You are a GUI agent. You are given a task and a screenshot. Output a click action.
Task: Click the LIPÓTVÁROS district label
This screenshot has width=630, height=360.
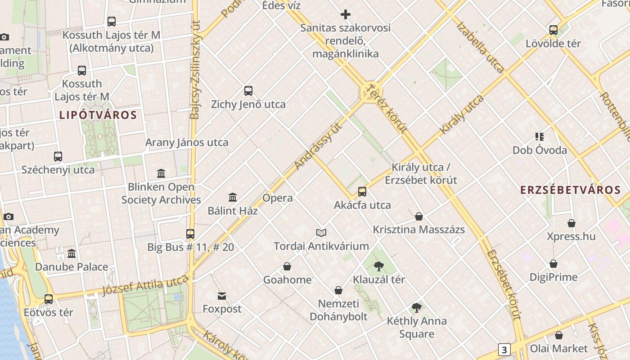click(x=98, y=115)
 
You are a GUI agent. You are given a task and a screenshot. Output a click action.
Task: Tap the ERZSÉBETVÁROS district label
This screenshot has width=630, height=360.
click(x=571, y=190)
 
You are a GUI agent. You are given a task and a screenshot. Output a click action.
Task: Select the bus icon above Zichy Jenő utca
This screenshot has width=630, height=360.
click(x=248, y=91)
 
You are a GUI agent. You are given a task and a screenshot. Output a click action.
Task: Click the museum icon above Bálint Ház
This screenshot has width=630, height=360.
click(x=233, y=197)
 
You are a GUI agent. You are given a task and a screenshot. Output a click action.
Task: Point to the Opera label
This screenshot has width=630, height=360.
click(x=277, y=198)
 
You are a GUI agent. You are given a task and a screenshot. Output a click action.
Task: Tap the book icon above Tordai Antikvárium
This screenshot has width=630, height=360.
click(x=321, y=233)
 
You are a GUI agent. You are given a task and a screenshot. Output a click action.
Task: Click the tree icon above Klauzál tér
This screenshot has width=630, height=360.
click(x=379, y=266)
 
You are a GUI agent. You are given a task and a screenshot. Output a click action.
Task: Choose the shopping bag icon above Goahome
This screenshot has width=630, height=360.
click(x=287, y=266)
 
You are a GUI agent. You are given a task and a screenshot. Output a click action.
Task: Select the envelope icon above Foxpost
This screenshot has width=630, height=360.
click(x=222, y=296)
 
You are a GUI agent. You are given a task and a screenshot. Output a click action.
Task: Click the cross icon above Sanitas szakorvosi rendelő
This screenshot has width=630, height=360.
click(x=345, y=14)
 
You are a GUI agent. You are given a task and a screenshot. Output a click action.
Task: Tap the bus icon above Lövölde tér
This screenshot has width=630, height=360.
click(x=553, y=30)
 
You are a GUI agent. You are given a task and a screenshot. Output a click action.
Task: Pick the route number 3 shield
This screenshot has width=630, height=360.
click(x=504, y=350)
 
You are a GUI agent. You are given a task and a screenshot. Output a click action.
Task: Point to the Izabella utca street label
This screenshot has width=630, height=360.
click(x=480, y=46)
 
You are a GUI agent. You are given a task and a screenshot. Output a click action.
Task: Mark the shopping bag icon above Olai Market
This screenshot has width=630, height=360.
click(x=559, y=335)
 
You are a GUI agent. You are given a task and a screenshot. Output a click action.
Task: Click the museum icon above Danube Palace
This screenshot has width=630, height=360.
click(x=72, y=254)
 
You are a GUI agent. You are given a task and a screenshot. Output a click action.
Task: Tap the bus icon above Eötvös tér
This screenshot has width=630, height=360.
click(x=49, y=299)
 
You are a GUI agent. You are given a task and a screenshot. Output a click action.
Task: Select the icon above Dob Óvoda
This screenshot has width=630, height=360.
click(x=540, y=137)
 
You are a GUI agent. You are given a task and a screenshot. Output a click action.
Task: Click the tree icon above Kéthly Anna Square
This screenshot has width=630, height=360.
click(x=417, y=308)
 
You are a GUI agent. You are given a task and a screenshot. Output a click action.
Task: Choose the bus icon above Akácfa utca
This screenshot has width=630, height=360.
click(x=362, y=192)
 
